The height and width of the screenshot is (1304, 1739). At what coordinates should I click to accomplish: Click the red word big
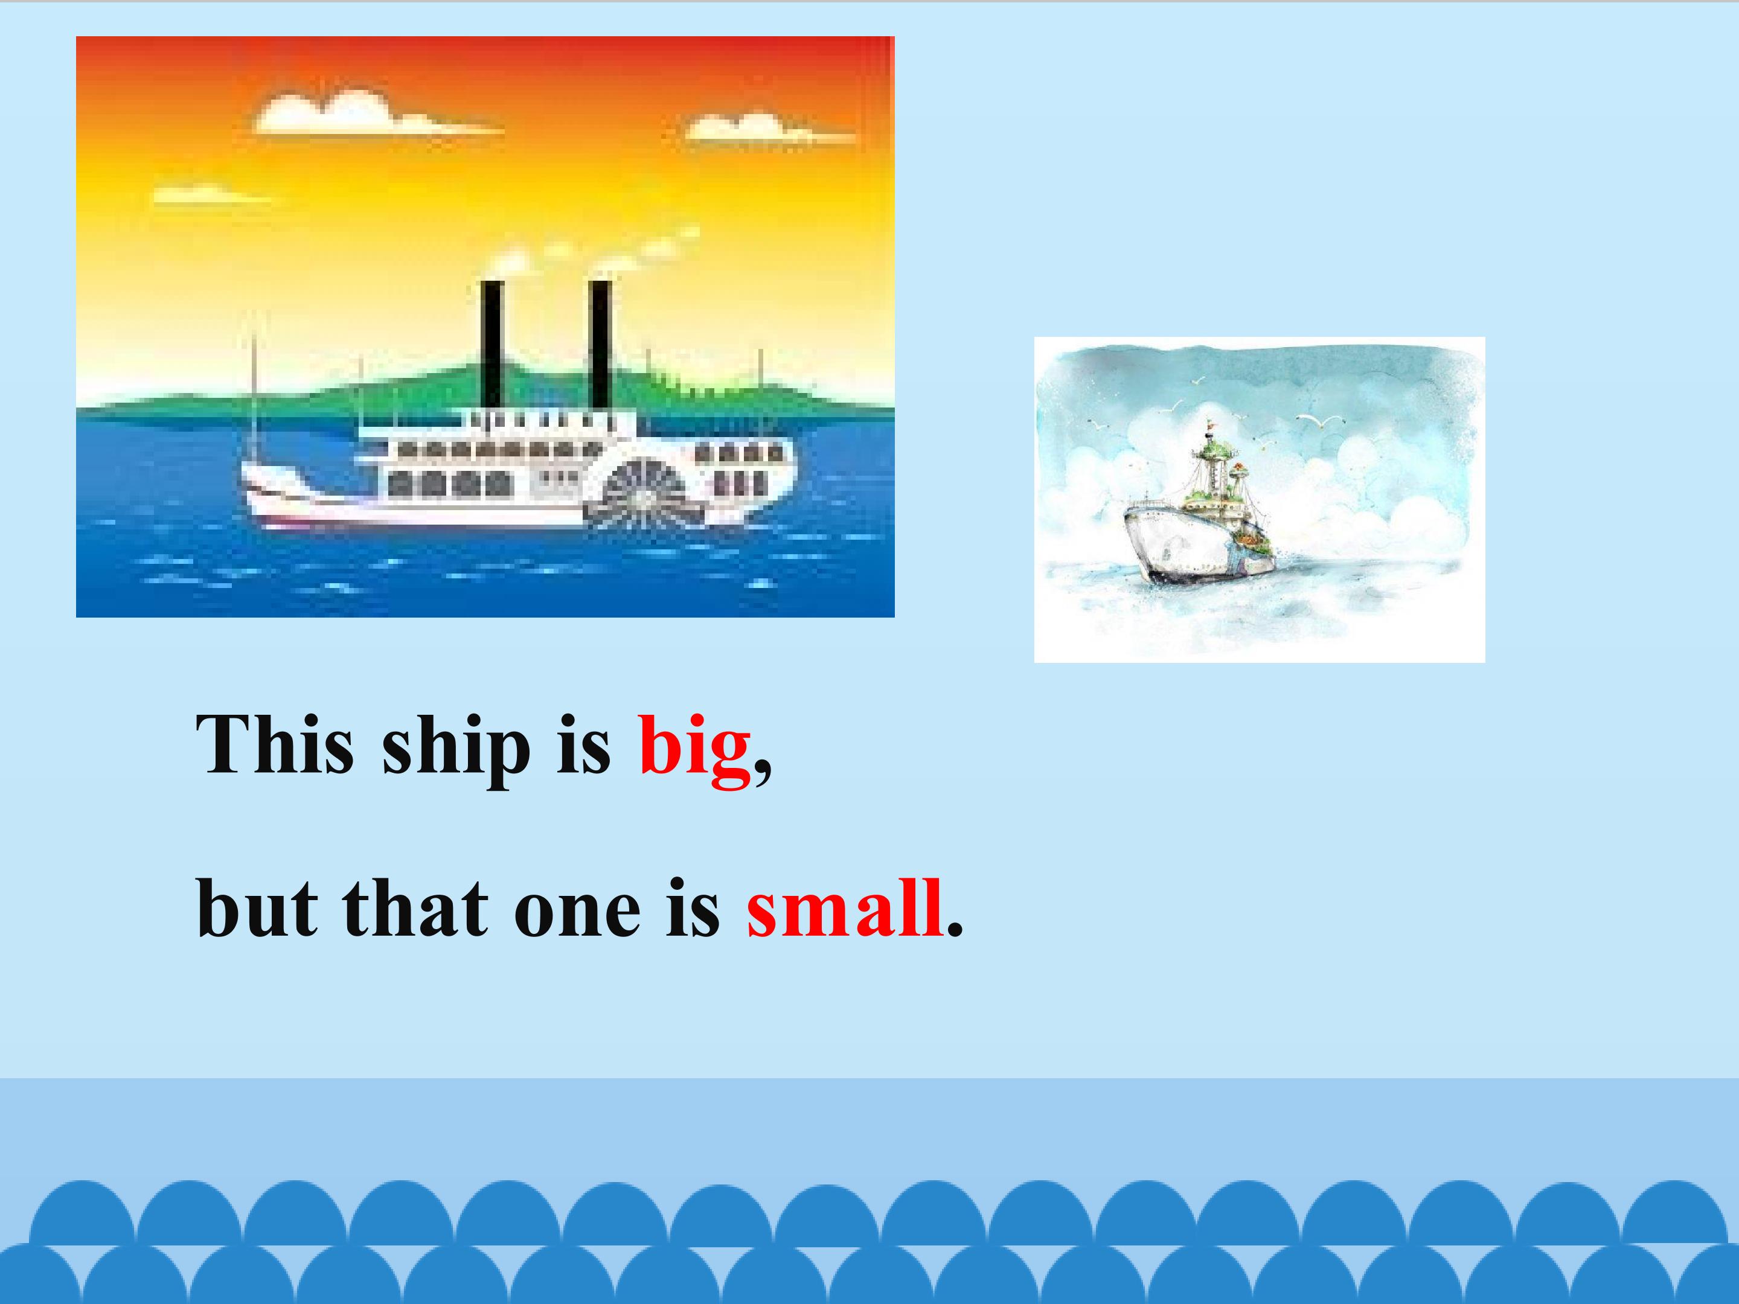tap(694, 747)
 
